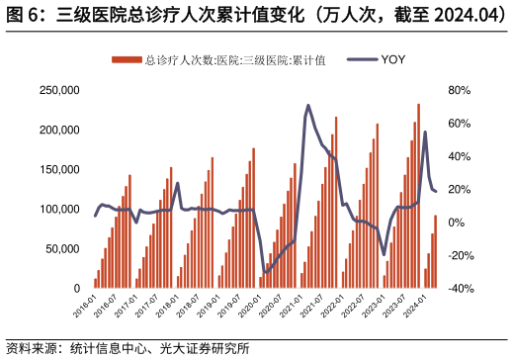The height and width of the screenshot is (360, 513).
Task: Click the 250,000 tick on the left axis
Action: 58,90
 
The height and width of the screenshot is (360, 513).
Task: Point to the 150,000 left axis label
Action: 58,169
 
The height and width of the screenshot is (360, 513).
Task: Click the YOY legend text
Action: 391,59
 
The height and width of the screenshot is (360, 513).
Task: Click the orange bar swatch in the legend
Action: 126,60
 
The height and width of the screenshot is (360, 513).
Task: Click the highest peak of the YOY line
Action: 308,106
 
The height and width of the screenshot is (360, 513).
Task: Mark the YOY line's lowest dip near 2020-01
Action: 265,272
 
